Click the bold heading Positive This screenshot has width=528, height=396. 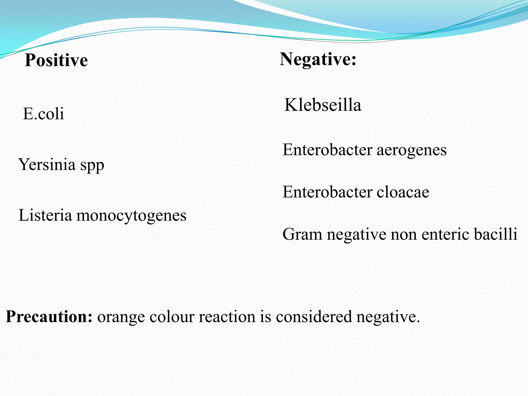[56, 60]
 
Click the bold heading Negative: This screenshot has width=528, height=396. [318, 59]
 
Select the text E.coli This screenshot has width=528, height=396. [43, 113]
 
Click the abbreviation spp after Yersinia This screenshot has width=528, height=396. [92, 166]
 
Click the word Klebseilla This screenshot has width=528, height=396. [323, 105]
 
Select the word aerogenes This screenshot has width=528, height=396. [411, 150]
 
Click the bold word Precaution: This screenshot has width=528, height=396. [49, 316]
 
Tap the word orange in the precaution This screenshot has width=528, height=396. [121, 317]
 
